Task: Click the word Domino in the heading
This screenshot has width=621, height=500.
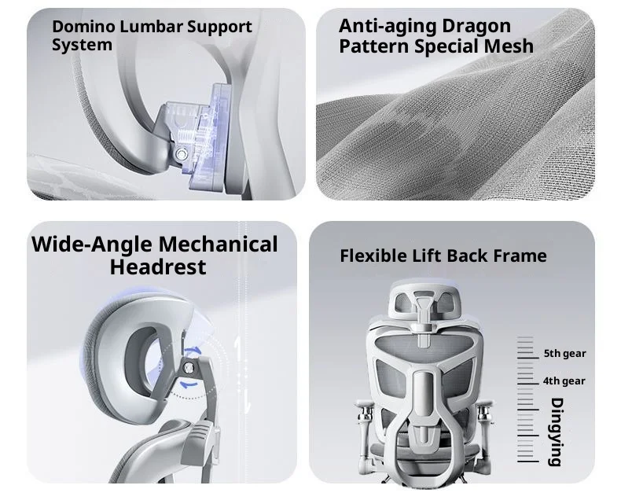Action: pos(83,27)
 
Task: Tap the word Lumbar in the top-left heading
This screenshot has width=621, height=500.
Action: pos(151,27)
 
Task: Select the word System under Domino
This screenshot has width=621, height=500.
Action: pos(82,45)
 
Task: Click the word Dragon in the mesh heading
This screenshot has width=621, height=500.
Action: pos(476,26)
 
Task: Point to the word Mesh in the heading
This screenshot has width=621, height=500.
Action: pos(509,46)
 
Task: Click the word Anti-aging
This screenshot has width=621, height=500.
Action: pos(388,27)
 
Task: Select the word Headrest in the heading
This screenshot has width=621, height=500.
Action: pos(158,267)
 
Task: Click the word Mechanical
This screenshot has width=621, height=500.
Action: pos(218,244)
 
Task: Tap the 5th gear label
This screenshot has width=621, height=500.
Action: pos(564,354)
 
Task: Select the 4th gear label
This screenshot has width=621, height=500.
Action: pos(564,381)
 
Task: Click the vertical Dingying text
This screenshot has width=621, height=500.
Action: pos(557,432)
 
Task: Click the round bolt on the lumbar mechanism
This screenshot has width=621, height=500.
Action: pos(183,154)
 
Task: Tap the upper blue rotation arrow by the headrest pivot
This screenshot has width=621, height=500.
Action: pos(193,351)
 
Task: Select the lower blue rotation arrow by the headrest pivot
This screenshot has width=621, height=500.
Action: pos(189,384)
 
